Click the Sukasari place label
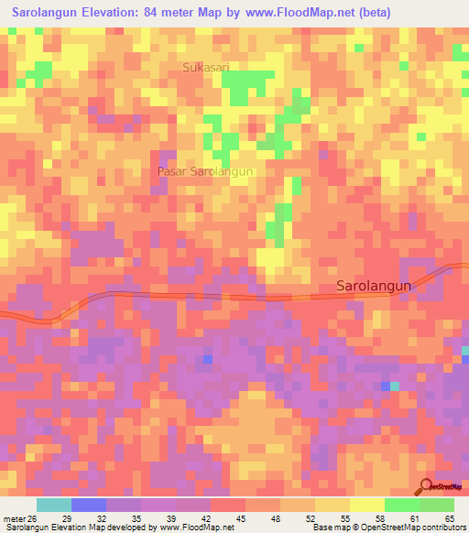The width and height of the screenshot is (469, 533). pyautogui.click(x=206, y=67)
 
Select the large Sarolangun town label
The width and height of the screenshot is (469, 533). pyautogui.click(x=375, y=286)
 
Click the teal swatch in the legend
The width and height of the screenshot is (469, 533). pyautogui.click(x=54, y=505)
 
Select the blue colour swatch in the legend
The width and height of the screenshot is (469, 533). pyautogui.click(x=89, y=505)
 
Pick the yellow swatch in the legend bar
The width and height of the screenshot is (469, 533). pyautogui.click(x=367, y=505)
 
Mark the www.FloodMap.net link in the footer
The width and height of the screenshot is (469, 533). pyautogui.click(x=193, y=527)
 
